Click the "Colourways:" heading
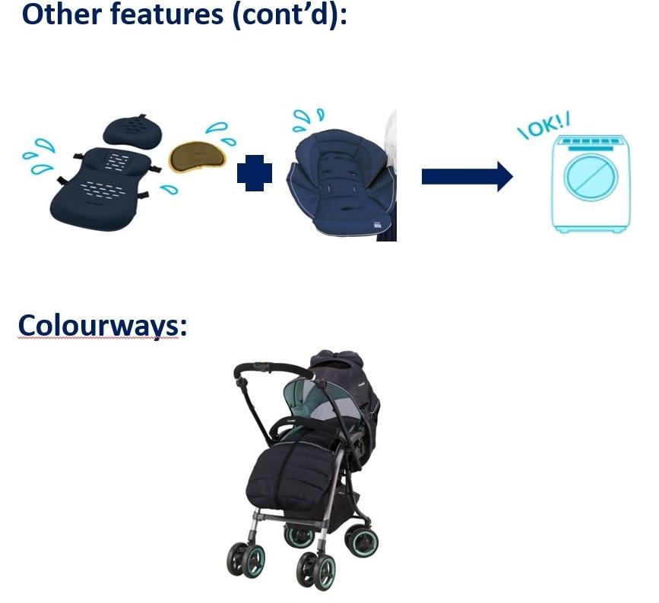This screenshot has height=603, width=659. [x=102, y=326]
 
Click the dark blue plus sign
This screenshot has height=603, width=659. [x=255, y=172]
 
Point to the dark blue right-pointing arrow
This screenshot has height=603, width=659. [x=467, y=176]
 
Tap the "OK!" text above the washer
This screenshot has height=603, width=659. [x=544, y=126]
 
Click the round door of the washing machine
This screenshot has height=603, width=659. [x=591, y=176]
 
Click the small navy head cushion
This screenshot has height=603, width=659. [x=132, y=129]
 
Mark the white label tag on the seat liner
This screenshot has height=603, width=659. [x=378, y=224]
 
